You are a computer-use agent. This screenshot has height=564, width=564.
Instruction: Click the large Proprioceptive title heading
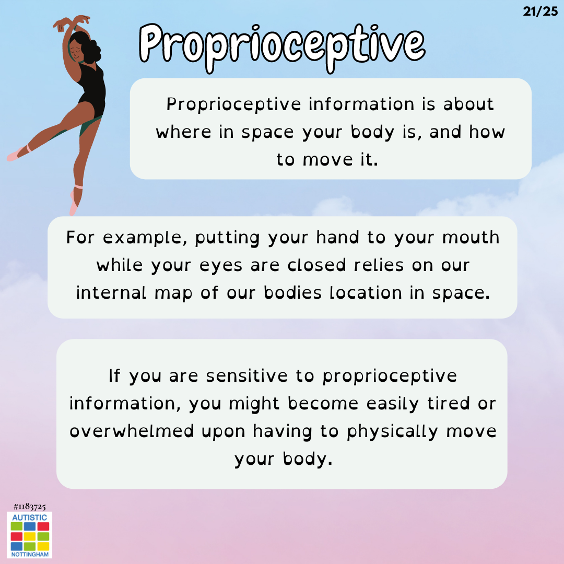(x=282, y=48)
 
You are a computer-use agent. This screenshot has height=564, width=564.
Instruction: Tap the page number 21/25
(x=540, y=11)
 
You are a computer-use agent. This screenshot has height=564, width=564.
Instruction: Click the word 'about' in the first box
(x=468, y=104)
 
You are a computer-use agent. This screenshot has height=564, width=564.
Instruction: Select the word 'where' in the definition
(x=183, y=132)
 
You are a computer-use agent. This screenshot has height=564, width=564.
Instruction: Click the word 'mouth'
(x=471, y=238)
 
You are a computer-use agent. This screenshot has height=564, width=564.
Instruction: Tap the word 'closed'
(x=316, y=265)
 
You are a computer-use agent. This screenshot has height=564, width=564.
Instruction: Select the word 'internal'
(x=111, y=293)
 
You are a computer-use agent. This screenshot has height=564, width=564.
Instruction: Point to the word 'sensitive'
(x=246, y=376)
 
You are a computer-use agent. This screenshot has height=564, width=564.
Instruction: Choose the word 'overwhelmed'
(x=132, y=431)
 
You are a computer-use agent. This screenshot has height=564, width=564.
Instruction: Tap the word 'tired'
(x=449, y=404)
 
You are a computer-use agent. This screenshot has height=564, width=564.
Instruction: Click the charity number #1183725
(x=29, y=507)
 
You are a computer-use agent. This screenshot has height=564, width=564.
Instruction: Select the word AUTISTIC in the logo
(x=29, y=518)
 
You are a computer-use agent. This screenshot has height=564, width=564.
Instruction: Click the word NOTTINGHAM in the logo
(x=30, y=554)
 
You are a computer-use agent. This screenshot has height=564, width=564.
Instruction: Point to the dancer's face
(x=76, y=51)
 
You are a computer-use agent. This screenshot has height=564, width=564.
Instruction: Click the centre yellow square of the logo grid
(x=29, y=537)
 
